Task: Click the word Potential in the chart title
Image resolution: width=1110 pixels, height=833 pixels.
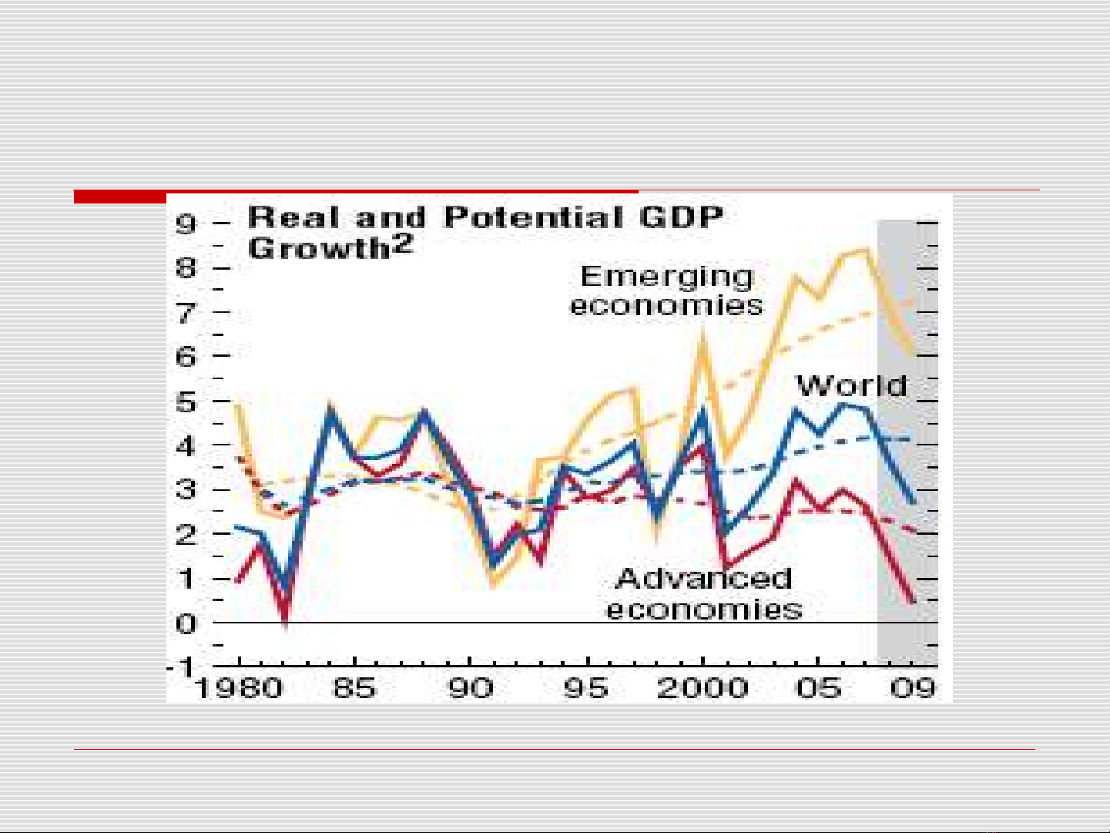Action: click(x=534, y=217)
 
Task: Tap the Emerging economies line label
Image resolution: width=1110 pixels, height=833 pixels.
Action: click(x=666, y=291)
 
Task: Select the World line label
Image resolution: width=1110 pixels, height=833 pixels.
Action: click(x=852, y=385)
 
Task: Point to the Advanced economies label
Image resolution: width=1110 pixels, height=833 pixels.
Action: click(x=704, y=593)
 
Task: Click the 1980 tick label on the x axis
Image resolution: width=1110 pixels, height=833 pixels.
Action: click(x=239, y=687)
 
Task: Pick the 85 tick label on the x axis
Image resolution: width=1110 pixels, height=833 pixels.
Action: click(x=354, y=687)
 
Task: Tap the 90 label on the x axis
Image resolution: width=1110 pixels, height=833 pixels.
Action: click(x=471, y=687)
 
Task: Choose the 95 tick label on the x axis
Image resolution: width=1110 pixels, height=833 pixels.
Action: click(x=586, y=687)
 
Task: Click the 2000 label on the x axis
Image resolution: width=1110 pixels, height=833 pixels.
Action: click(x=703, y=687)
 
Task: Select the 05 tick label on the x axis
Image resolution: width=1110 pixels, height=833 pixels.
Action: click(x=818, y=687)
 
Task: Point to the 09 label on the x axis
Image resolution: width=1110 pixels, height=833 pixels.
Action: click(x=914, y=687)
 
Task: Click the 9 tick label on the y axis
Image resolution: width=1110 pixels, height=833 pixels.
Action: click(x=186, y=224)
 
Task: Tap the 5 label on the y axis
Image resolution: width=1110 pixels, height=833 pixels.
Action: click(x=186, y=402)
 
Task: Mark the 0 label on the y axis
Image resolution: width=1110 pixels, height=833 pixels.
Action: click(x=186, y=623)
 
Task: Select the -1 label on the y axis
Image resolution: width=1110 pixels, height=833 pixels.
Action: click(x=182, y=667)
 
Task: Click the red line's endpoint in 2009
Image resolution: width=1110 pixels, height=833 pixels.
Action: click(x=914, y=601)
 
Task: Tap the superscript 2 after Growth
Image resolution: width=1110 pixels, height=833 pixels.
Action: click(x=404, y=243)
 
